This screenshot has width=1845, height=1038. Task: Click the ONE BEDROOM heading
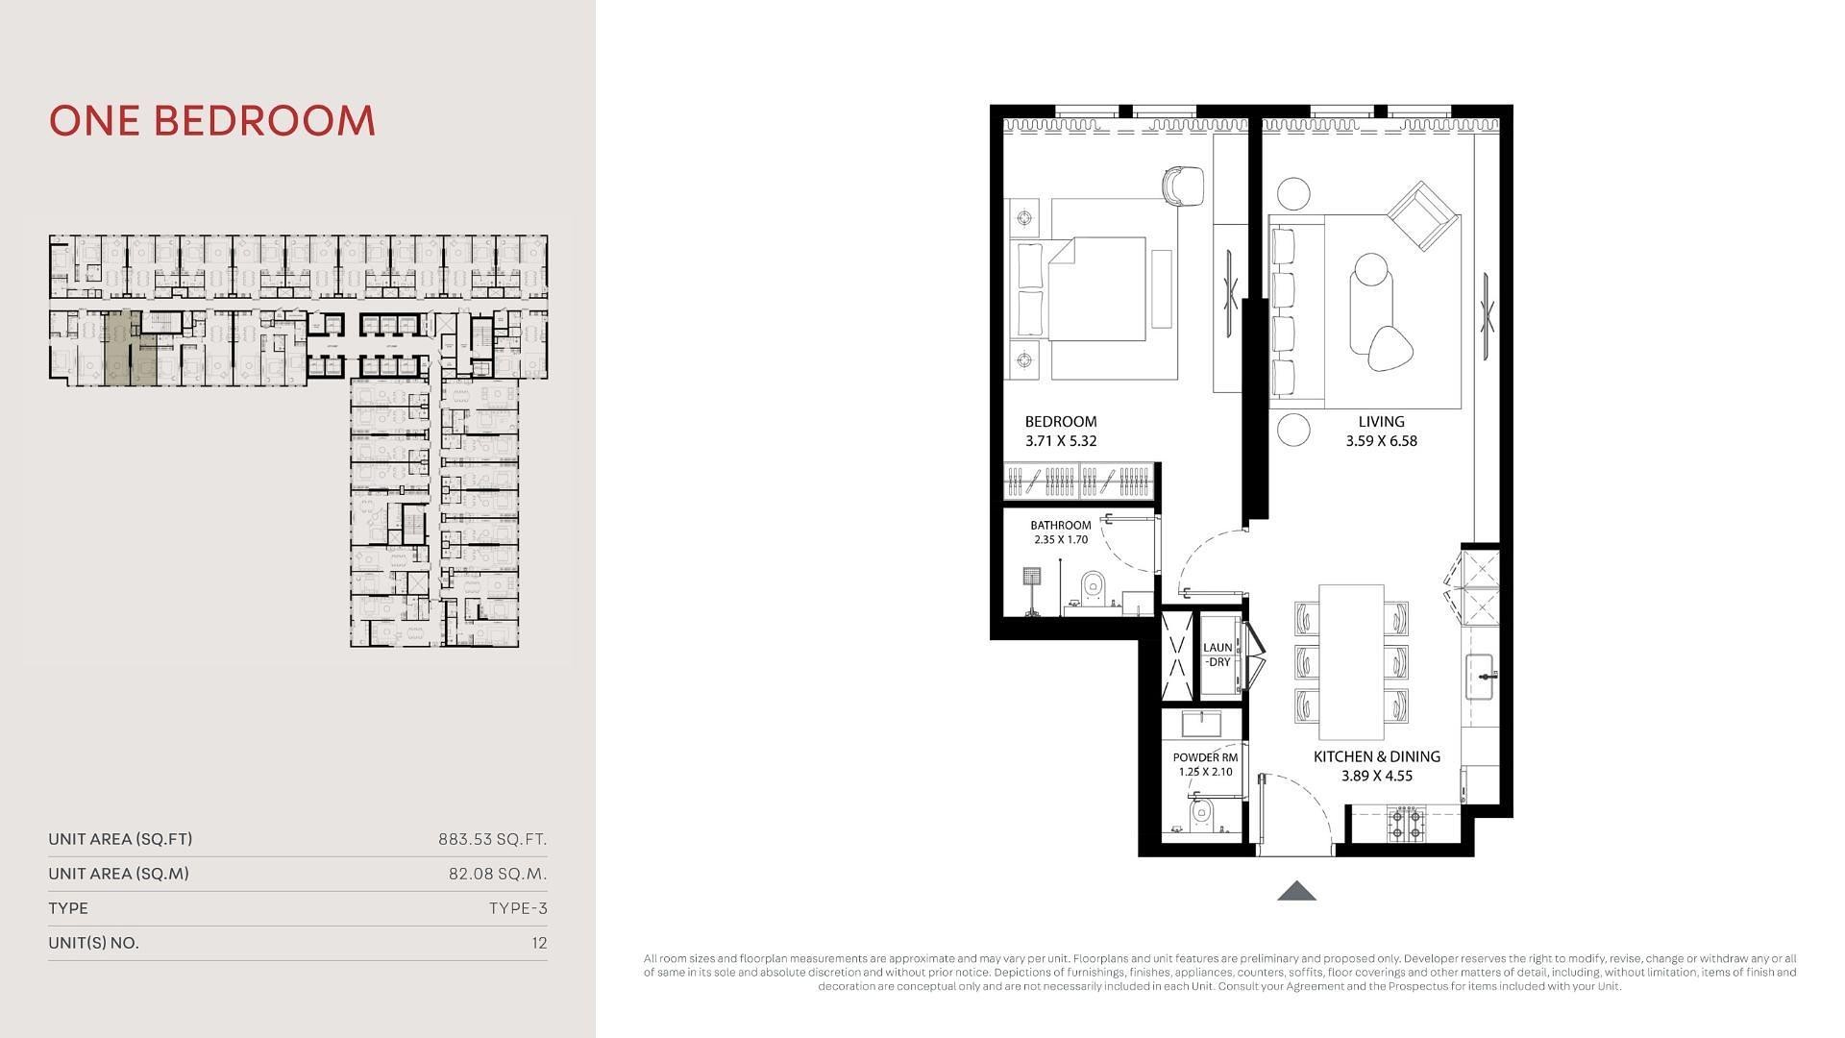click(x=212, y=121)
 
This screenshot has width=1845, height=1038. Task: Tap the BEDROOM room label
click(x=1061, y=421)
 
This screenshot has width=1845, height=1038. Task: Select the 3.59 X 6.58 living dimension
click(x=1382, y=441)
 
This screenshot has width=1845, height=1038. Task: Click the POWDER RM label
click(x=1205, y=757)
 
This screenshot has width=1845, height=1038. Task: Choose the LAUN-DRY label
click(x=1218, y=655)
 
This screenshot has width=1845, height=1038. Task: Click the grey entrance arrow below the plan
click(x=1296, y=891)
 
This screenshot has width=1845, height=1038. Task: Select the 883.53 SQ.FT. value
click(x=493, y=839)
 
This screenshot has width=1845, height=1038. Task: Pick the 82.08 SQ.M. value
click(x=498, y=874)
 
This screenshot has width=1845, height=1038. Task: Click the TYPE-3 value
click(x=518, y=908)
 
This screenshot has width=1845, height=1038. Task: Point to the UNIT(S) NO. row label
click(x=93, y=943)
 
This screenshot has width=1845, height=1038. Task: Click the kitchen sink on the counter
click(x=1481, y=677)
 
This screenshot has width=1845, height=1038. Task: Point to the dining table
click(x=1351, y=659)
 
